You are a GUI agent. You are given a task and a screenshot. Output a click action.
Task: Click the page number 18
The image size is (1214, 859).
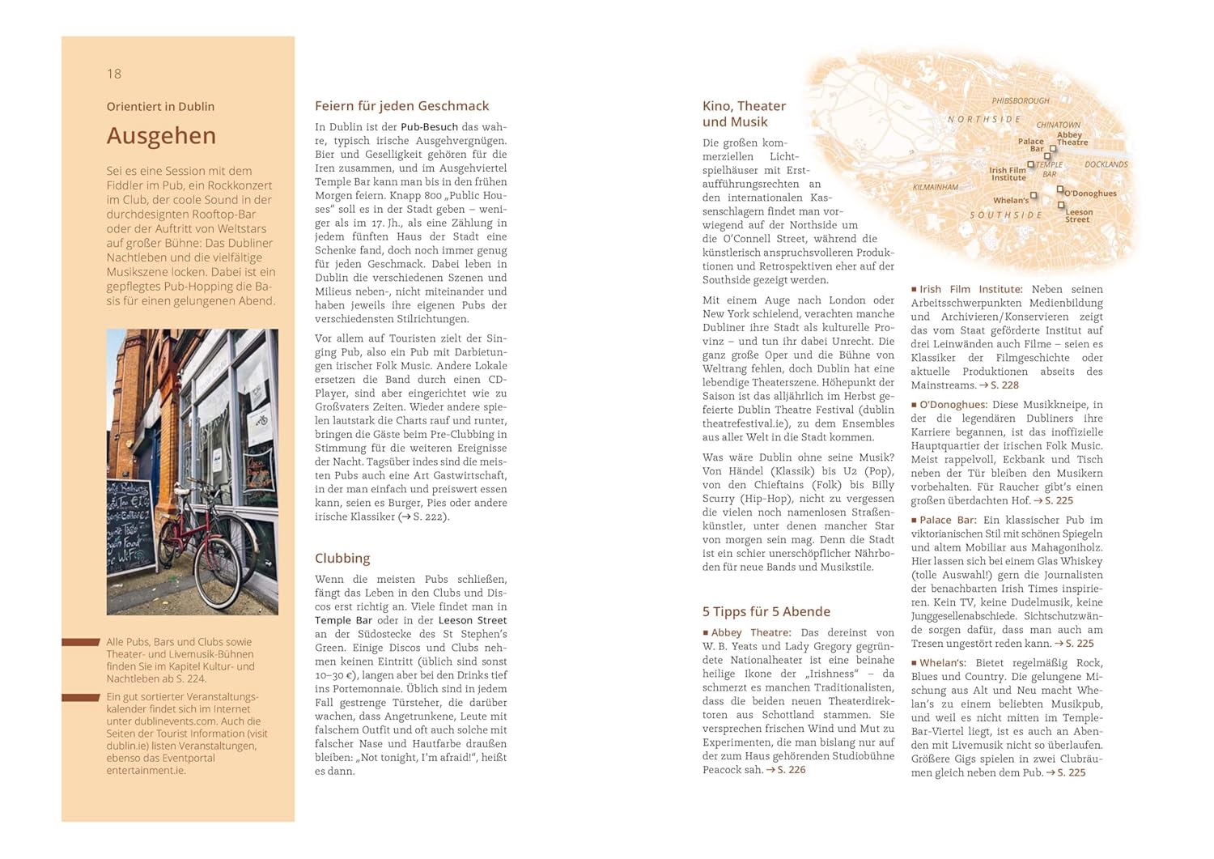114,74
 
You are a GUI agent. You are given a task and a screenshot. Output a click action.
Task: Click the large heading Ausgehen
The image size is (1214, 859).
161,136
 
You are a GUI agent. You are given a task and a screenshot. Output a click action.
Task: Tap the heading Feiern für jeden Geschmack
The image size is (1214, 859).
401,106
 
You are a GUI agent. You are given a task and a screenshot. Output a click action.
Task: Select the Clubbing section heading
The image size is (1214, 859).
342,558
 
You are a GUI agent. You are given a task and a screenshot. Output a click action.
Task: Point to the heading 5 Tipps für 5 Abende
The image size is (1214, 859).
766,611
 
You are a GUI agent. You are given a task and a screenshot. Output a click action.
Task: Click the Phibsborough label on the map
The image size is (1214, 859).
1021,101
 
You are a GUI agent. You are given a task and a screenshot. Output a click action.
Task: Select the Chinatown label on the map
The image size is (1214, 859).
1058,125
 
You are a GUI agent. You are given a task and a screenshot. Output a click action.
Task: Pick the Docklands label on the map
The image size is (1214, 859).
1106,164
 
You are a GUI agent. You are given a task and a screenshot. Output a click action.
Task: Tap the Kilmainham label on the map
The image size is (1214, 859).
936,187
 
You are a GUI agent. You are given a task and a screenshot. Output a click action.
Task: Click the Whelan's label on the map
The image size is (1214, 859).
1011,200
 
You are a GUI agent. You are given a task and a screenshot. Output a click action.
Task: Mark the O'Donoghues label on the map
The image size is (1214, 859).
1090,193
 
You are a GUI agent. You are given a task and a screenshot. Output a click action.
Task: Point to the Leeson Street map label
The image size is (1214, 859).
1079,216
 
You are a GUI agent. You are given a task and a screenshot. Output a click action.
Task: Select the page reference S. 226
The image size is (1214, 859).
791,770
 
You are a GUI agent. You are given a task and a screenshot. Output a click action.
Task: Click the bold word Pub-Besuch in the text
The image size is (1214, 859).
429,127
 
